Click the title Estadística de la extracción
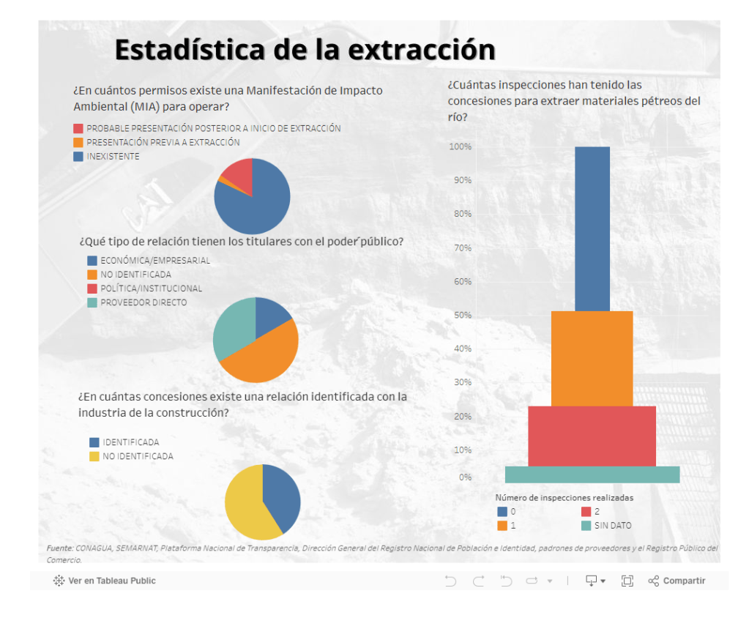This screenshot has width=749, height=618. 305,50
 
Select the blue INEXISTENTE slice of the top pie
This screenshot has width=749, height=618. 256,209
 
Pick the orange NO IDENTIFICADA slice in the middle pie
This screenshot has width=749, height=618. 264,359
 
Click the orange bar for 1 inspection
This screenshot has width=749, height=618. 592,358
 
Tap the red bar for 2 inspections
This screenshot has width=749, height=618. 592,436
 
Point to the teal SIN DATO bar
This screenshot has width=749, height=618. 592,474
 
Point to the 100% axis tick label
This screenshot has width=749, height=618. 460,147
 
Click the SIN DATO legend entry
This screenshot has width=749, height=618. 612,526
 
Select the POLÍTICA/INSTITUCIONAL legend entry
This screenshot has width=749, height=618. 151,288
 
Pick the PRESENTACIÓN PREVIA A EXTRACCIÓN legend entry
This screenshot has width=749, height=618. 163,143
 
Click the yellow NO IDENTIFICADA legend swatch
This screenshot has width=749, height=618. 94,456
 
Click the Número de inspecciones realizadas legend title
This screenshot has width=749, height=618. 564,498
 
